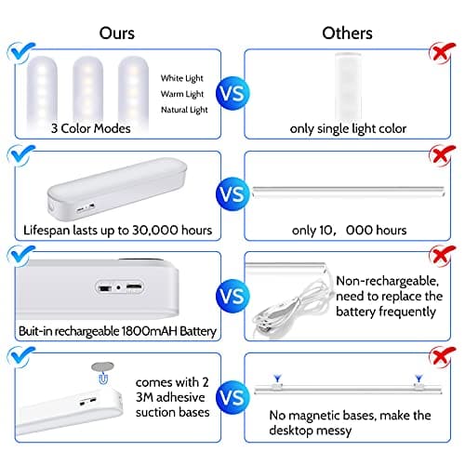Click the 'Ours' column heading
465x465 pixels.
click(117, 33)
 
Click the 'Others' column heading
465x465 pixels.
click(347, 33)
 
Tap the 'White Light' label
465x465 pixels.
click(181, 78)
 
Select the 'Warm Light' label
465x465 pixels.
click(181, 95)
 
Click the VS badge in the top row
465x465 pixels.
click(232, 94)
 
